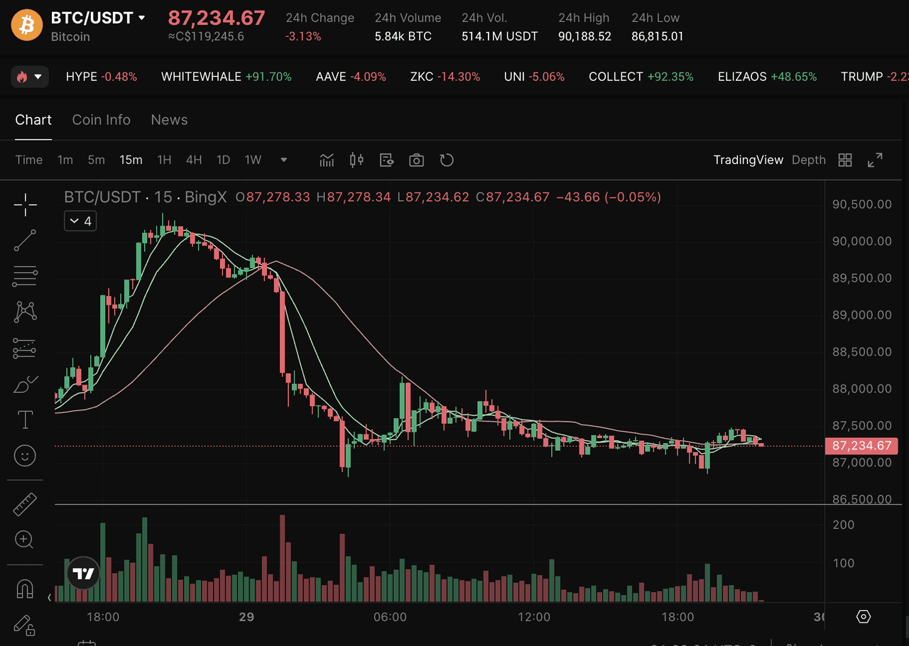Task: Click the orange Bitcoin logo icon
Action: [x=27, y=26]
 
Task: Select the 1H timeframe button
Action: [x=164, y=160]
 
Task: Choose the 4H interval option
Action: [x=194, y=160]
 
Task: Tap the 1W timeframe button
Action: [x=253, y=160]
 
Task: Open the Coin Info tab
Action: [x=102, y=120]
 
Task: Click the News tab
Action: [x=169, y=120]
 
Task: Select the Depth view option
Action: [x=809, y=160]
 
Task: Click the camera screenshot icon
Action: [x=416, y=160]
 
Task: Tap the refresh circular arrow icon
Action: [x=447, y=160]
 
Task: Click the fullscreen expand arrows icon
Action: [x=875, y=160]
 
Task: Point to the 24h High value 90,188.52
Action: [x=584, y=36]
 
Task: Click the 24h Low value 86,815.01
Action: [x=657, y=36]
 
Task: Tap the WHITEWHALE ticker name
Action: [x=201, y=77]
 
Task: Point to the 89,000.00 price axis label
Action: [x=861, y=315]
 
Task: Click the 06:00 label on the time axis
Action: [x=390, y=617]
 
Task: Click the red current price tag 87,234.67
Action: [x=861, y=446]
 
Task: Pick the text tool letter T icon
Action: [x=26, y=420]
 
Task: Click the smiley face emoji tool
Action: [x=25, y=456]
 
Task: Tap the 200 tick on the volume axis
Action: [x=844, y=525]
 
